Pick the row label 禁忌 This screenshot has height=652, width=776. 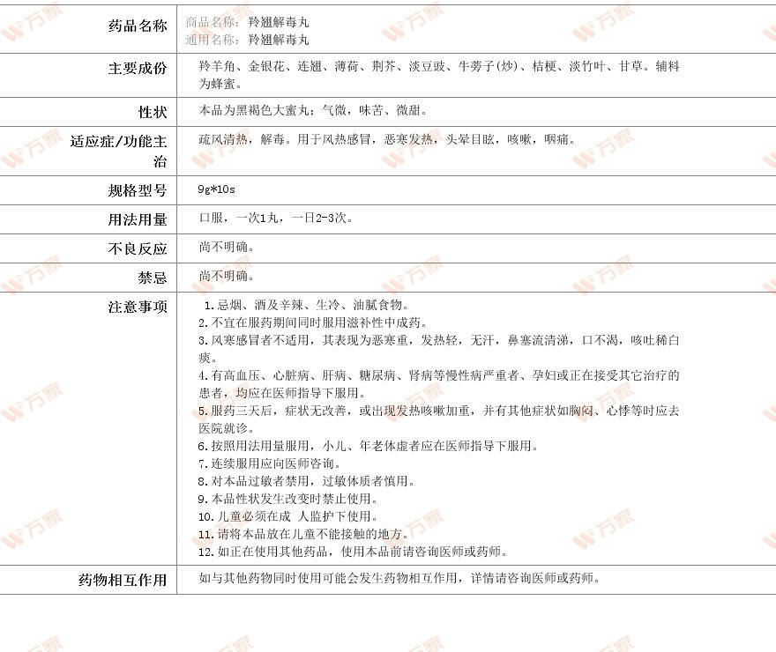[x=152, y=278]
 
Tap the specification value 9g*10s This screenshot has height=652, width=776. [x=217, y=189]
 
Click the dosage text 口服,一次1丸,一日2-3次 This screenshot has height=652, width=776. [x=275, y=219]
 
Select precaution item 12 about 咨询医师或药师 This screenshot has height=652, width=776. [x=353, y=552]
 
